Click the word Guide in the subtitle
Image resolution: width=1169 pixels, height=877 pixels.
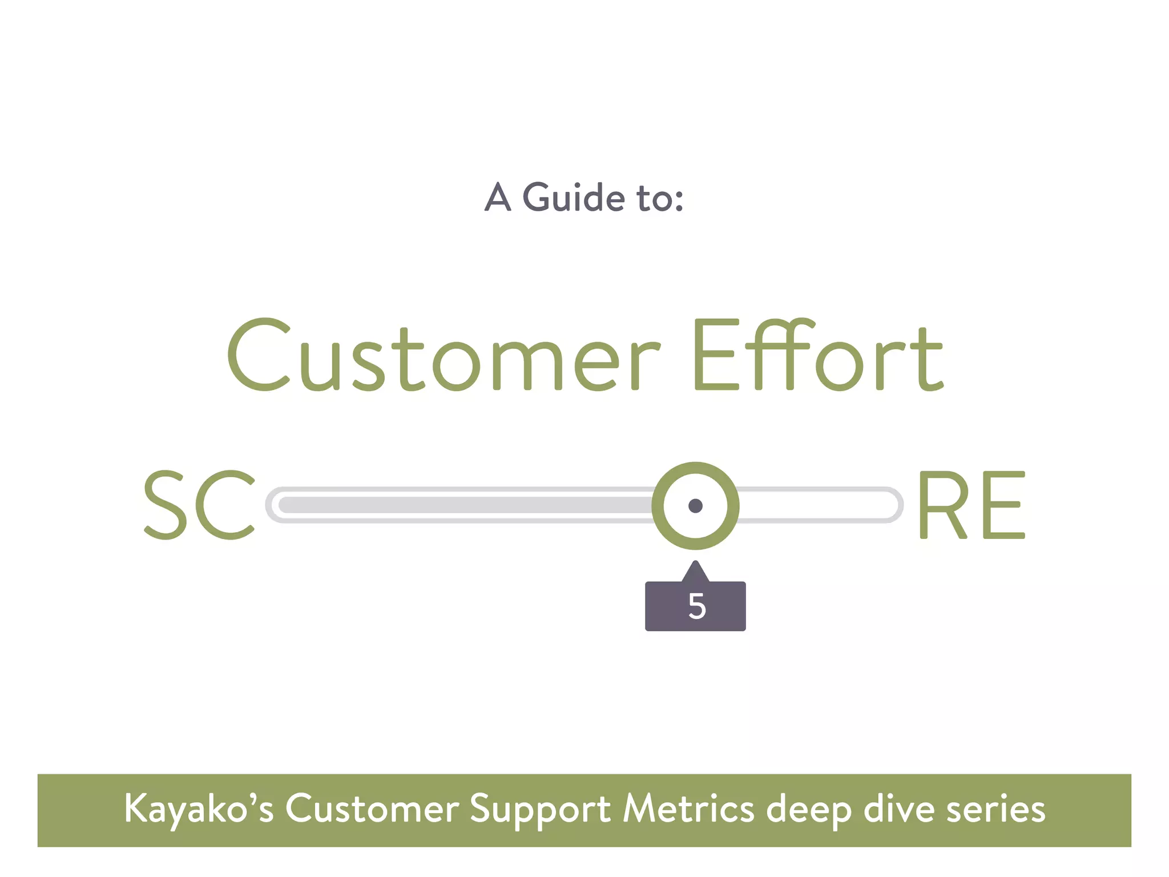click(x=574, y=198)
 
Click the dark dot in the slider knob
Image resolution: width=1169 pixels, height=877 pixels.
click(x=695, y=506)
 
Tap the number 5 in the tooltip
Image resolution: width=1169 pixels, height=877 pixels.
click(x=696, y=606)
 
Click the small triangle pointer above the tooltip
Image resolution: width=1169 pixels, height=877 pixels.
click(x=695, y=572)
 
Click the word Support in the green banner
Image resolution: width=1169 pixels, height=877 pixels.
click(x=540, y=810)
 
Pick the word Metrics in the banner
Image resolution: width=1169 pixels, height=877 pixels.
click(x=688, y=810)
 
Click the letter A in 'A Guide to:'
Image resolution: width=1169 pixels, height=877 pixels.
click(x=498, y=198)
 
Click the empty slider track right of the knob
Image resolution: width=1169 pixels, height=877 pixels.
click(x=816, y=505)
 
